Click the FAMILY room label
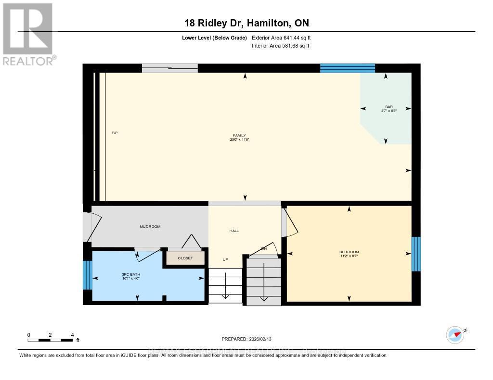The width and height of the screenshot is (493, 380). [239, 135]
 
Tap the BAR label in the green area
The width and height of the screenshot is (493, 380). [389, 107]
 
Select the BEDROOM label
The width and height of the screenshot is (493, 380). [349, 252]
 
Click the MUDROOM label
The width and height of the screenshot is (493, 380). [150, 226]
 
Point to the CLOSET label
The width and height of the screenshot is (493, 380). [185, 258]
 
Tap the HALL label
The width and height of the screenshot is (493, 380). [234, 231]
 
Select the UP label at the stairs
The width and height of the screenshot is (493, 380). [225, 259]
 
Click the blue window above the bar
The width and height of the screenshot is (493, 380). [347, 68]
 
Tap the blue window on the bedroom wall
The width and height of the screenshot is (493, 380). [416, 254]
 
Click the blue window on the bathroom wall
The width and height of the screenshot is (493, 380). [87, 275]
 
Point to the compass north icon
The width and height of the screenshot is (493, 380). [455, 334]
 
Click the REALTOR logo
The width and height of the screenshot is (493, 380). [28, 34]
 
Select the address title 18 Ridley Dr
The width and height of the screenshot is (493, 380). [246, 23]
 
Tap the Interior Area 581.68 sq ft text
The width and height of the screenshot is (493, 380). [280, 46]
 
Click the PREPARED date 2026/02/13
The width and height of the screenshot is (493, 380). [250, 339]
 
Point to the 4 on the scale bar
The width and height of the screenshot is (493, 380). [72, 334]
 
